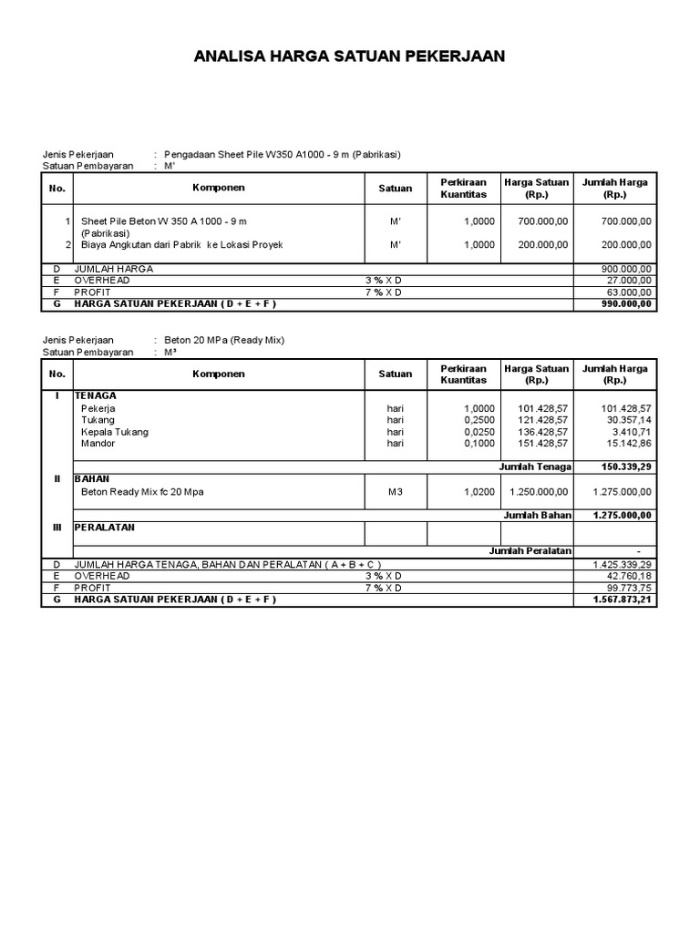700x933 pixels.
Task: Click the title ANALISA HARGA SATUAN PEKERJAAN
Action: [349, 57]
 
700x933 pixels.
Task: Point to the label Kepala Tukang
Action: [115, 432]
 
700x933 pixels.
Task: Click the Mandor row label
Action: [98, 444]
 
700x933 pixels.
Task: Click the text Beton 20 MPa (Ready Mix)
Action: [224, 340]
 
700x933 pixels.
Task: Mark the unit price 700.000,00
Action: [541, 221]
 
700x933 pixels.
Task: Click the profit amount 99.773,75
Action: [628, 588]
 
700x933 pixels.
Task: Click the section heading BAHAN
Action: [92, 478]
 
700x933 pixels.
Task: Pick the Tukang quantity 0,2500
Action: [479, 420]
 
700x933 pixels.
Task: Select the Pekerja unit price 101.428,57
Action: [541, 408]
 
